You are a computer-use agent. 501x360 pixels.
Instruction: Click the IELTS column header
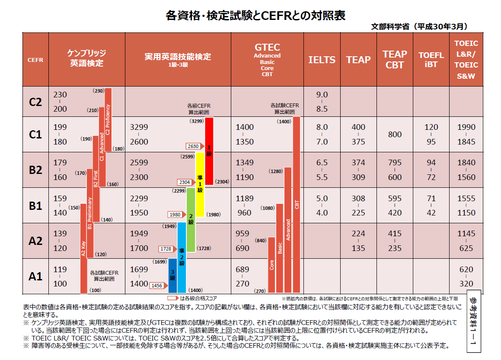[x=322, y=60]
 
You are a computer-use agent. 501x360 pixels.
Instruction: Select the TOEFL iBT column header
[x=431, y=60]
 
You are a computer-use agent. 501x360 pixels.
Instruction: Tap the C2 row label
[x=35, y=102]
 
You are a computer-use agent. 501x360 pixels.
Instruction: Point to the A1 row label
[x=35, y=276]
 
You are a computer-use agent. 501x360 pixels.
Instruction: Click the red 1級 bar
[x=209, y=151]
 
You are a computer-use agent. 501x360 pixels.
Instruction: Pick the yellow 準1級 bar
[x=200, y=184]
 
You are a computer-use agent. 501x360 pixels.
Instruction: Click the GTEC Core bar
[x=271, y=265]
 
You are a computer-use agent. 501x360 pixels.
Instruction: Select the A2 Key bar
[x=83, y=251]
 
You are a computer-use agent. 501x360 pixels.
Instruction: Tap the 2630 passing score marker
[x=194, y=146]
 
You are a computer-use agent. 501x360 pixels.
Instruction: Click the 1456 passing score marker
[x=157, y=285]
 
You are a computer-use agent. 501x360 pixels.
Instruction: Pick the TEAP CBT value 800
[x=395, y=134]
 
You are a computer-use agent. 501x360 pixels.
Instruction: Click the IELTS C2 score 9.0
[x=322, y=95]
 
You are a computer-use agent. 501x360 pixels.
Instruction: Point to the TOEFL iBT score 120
[x=431, y=127]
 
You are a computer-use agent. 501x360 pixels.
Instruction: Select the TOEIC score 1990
[x=466, y=127]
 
